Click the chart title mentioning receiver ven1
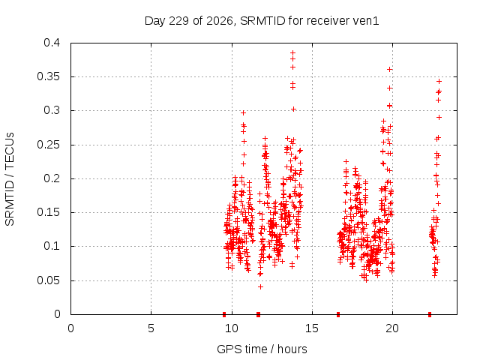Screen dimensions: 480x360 (x=262, y=21)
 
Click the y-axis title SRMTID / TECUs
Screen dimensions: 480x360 (x=10, y=179)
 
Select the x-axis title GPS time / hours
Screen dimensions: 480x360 (x=262, y=349)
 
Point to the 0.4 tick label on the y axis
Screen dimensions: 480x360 (x=52, y=43)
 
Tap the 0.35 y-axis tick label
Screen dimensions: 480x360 (x=48, y=76)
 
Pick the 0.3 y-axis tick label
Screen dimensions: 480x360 (x=52, y=110)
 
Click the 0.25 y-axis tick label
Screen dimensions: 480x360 (x=48, y=145)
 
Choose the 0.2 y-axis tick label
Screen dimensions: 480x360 (x=52, y=178)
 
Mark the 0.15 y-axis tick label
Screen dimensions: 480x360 (x=48, y=212)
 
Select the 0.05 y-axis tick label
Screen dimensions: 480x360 (x=48, y=280)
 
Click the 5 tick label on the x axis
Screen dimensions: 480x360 (x=151, y=328)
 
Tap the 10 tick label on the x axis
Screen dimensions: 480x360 (x=232, y=328)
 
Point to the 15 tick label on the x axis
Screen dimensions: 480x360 (x=312, y=328)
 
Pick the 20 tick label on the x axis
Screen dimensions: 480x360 (x=392, y=328)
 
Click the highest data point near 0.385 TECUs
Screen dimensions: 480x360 (x=293, y=52)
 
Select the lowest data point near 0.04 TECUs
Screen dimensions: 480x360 (x=260, y=286)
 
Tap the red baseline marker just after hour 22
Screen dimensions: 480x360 (x=430, y=314)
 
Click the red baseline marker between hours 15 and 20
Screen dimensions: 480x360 (x=338, y=314)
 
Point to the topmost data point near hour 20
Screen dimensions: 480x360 (x=390, y=70)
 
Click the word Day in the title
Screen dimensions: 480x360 (x=154, y=21)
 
